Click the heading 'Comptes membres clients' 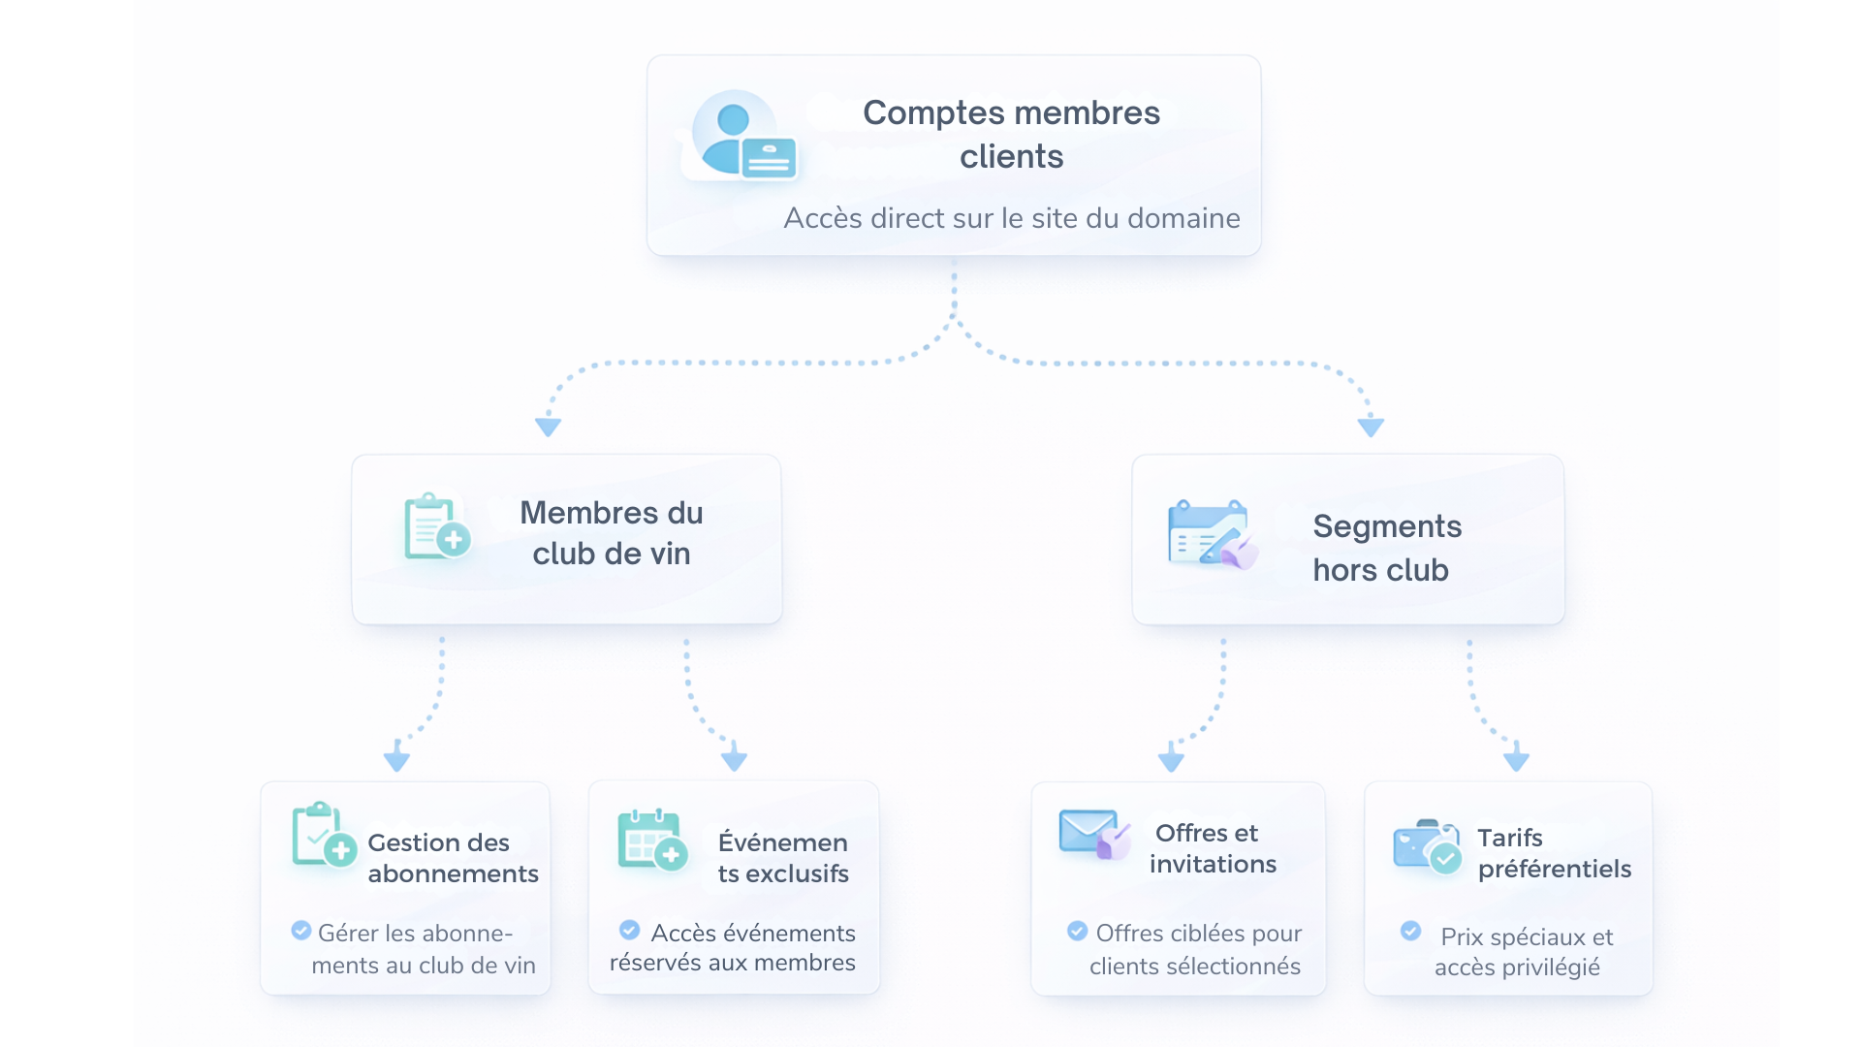pyautogui.click(x=1011, y=134)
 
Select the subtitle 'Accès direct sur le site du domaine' pyautogui.click(x=1011, y=218)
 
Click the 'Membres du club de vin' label pyautogui.click(x=611, y=533)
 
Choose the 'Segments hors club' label pyautogui.click(x=1386, y=548)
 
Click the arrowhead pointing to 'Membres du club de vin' pyautogui.click(x=548, y=427)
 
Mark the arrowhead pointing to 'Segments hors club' pyautogui.click(x=1371, y=427)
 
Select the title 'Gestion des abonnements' pyautogui.click(x=452, y=858)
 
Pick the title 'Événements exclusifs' pyautogui.click(x=783, y=858)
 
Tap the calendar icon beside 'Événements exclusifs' pyautogui.click(x=652, y=840)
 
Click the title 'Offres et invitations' pyautogui.click(x=1212, y=848)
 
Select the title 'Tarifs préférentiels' pyautogui.click(x=1554, y=853)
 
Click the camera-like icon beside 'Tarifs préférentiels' pyautogui.click(x=1426, y=846)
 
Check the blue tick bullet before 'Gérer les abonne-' pyautogui.click(x=301, y=931)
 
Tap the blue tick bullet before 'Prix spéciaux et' pyautogui.click(x=1410, y=931)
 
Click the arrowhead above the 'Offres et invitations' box pyautogui.click(x=1171, y=759)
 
